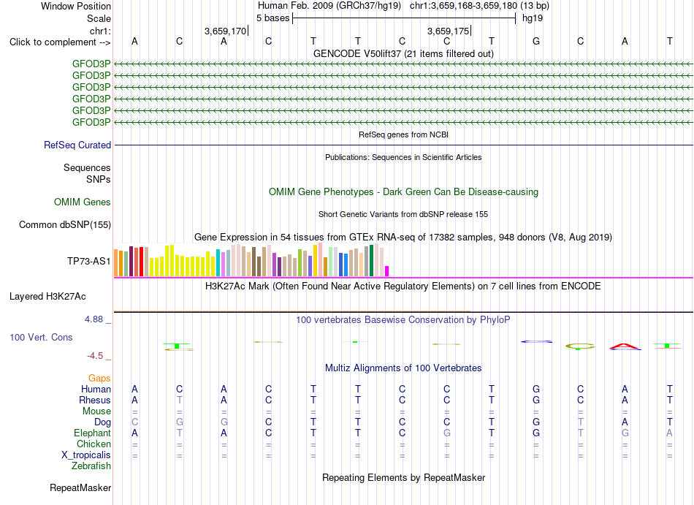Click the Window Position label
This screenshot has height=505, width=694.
pyautogui.click(x=76, y=6)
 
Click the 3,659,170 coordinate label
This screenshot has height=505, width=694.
pyautogui.click(x=225, y=31)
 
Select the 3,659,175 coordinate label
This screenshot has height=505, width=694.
pyautogui.click(x=448, y=31)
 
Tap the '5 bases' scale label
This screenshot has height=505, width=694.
pyautogui.click(x=272, y=18)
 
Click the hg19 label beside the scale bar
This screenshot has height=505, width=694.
pyautogui.click(x=533, y=18)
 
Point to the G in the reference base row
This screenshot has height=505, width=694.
pyautogui.click(x=536, y=41)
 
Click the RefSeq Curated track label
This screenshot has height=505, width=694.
pyautogui.click(x=77, y=145)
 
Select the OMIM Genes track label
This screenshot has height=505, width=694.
pyautogui.click(x=83, y=202)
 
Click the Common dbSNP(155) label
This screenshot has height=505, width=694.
pyautogui.click(x=65, y=225)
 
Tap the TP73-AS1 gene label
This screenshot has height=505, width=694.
pyautogui.click(x=89, y=261)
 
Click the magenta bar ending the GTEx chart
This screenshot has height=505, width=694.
pyautogui.click(x=387, y=271)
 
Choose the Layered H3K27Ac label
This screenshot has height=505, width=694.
pyautogui.click(x=47, y=297)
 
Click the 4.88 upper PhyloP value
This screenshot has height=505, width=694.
pyautogui.click(x=94, y=319)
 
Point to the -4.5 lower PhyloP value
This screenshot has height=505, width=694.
pyautogui.click(x=95, y=356)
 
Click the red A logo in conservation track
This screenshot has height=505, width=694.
pyautogui.click(x=625, y=346)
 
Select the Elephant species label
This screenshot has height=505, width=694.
pyautogui.click(x=93, y=433)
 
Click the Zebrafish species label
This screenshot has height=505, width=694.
pyautogui.click(x=91, y=466)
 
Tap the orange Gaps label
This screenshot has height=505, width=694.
pyautogui.click(x=99, y=378)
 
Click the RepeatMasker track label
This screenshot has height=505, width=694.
pyautogui.click(x=80, y=487)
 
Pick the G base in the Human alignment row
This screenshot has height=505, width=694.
pyautogui.click(x=536, y=389)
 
